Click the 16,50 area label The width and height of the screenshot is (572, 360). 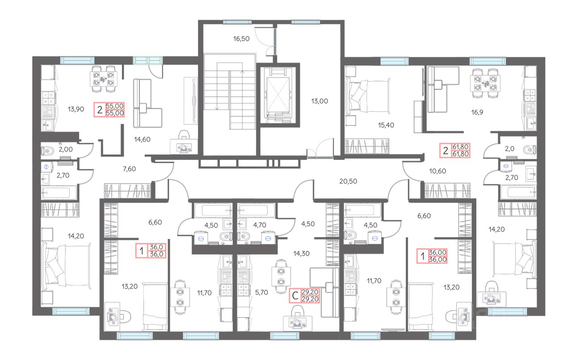pyautogui.click(x=241, y=39)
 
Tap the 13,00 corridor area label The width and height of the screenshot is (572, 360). pyautogui.click(x=320, y=101)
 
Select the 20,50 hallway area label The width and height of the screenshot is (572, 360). pyautogui.click(x=348, y=181)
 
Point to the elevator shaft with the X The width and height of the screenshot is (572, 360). pyautogui.click(x=278, y=95)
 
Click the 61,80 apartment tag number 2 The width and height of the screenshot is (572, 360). pyautogui.click(x=446, y=151)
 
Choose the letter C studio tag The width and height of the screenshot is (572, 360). pyautogui.click(x=295, y=296)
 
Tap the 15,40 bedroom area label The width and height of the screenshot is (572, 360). pyautogui.click(x=386, y=125)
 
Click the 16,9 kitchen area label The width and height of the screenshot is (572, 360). pyautogui.click(x=477, y=113)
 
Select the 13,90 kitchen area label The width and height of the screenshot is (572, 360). pyautogui.click(x=76, y=109)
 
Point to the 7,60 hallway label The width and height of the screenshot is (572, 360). pyautogui.click(x=129, y=169)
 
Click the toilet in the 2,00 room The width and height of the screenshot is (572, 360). pyautogui.click(x=48, y=151)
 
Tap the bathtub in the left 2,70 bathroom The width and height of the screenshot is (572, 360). pyautogui.click(x=59, y=193)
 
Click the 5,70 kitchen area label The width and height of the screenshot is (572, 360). pyautogui.click(x=261, y=293)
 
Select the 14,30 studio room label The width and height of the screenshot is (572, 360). pyautogui.click(x=301, y=254)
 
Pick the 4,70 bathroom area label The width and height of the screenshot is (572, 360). pyautogui.click(x=260, y=225)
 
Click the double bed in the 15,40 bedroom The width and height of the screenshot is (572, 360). pyautogui.click(x=367, y=96)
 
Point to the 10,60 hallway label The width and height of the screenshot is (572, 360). pyautogui.click(x=437, y=171)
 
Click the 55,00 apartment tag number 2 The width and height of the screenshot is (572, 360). pyautogui.click(x=100, y=110)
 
